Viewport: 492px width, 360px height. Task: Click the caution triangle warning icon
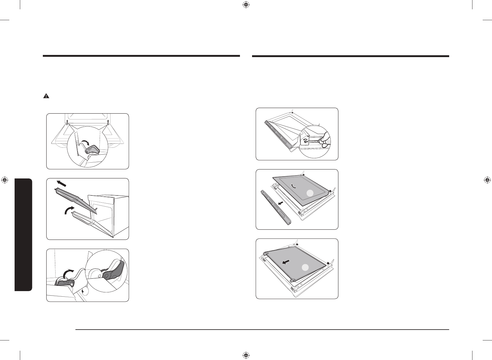click(46, 96)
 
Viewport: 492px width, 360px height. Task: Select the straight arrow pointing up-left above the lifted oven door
click(61, 183)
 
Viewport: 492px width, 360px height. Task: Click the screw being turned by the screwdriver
click(306, 141)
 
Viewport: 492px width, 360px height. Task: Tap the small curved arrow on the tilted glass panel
click(294, 186)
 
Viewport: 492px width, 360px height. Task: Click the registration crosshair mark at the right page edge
click(487, 180)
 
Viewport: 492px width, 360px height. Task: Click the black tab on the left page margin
click(23, 234)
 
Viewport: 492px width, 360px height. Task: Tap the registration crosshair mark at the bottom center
click(246, 355)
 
